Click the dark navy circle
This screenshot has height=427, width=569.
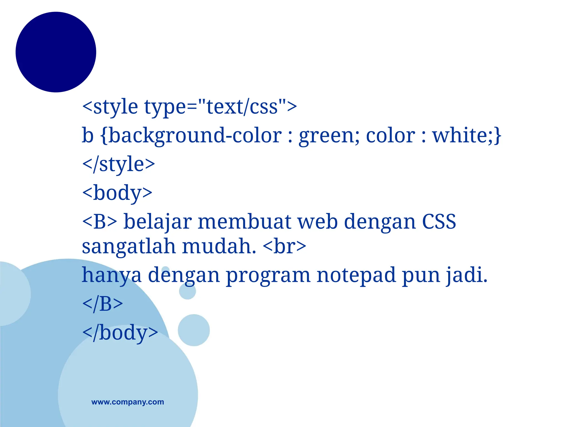(x=56, y=52)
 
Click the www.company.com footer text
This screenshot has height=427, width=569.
(x=128, y=402)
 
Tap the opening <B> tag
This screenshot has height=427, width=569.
(x=99, y=222)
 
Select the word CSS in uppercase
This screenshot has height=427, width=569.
(x=439, y=222)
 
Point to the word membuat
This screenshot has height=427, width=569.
(x=244, y=222)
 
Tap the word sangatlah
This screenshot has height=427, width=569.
(x=129, y=247)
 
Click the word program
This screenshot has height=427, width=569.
(x=268, y=275)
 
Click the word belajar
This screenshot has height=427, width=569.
(x=158, y=222)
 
